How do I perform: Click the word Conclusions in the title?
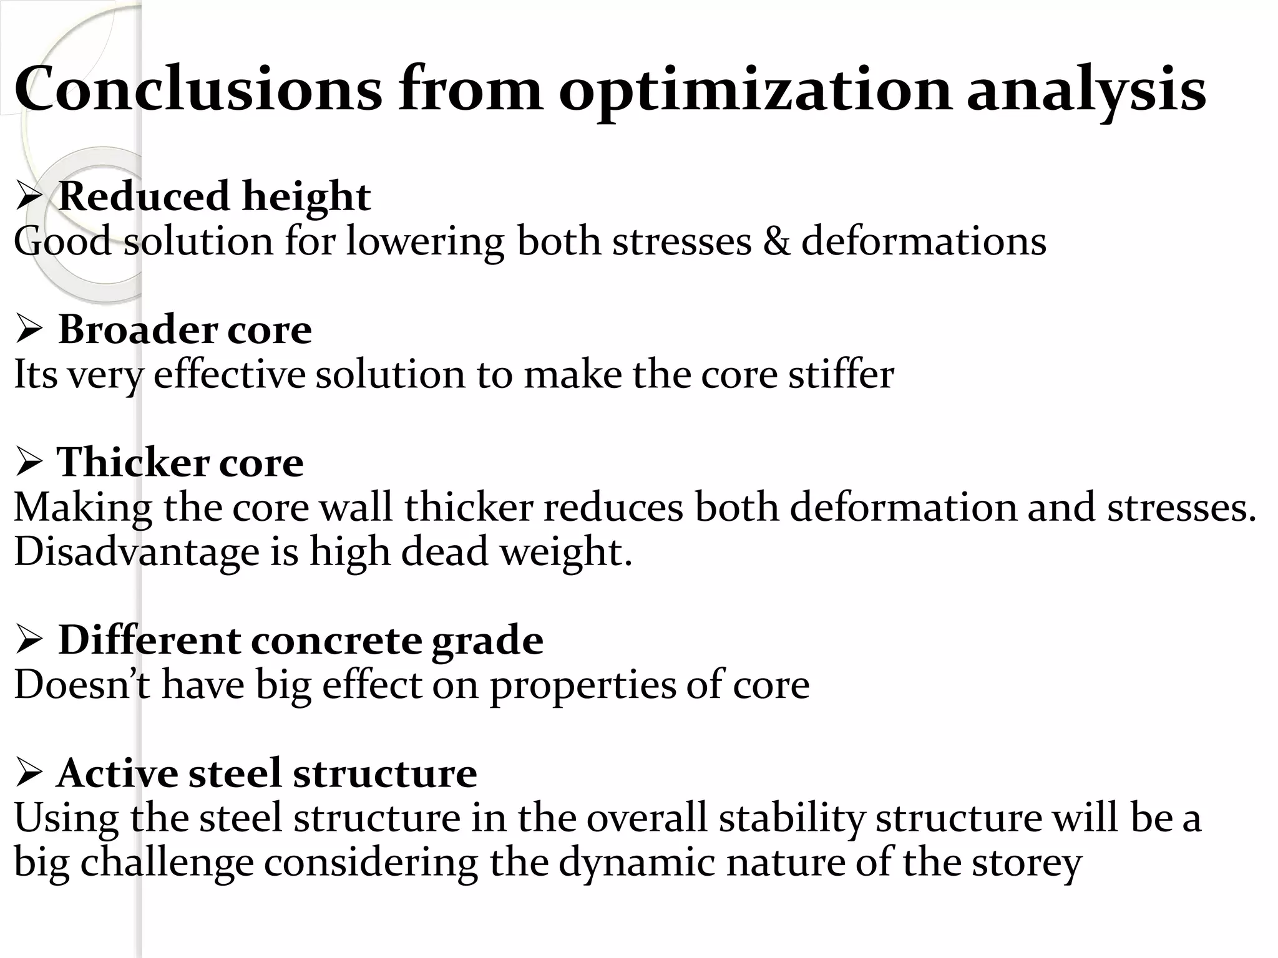[x=198, y=89]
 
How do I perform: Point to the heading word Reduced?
[x=144, y=196]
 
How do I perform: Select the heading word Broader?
[x=137, y=329]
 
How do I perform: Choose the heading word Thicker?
[x=132, y=463]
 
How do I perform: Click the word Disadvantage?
[x=136, y=552]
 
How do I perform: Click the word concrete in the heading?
[x=336, y=641]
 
